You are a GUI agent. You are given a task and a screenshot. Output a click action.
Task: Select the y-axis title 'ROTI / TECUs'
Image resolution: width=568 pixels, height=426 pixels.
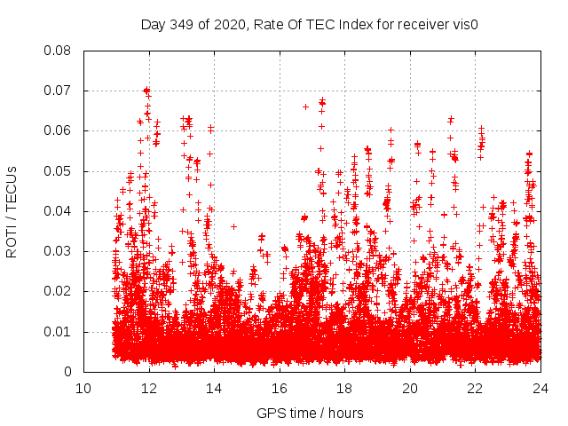pyautogui.click(x=12, y=211)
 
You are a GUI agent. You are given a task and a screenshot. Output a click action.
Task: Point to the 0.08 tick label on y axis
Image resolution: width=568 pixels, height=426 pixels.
pyautogui.click(x=59, y=51)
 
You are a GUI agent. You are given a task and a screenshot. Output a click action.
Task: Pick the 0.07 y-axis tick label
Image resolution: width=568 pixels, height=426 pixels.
pyautogui.click(x=59, y=91)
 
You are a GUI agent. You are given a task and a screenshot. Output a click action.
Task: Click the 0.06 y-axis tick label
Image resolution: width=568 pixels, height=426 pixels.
pyautogui.click(x=59, y=130)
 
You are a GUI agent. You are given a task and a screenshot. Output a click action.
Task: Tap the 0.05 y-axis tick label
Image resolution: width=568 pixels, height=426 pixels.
pyautogui.click(x=59, y=171)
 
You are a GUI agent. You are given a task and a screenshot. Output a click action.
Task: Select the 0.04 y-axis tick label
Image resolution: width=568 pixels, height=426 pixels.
pyautogui.click(x=59, y=211)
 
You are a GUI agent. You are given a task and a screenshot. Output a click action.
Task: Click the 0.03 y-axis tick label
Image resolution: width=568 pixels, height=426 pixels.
pyautogui.click(x=59, y=251)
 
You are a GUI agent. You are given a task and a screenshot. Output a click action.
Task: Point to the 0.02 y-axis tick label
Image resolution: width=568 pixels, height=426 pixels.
pyautogui.click(x=59, y=291)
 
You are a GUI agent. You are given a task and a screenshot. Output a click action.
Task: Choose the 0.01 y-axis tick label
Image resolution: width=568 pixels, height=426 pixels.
pyautogui.click(x=59, y=332)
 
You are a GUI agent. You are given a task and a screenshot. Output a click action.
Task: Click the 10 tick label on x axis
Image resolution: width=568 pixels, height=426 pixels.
pyautogui.click(x=83, y=389)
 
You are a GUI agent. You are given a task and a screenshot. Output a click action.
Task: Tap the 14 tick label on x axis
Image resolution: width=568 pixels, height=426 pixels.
pyautogui.click(x=214, y=389)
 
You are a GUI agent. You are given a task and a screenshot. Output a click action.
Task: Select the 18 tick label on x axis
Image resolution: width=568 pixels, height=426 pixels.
pyautogui.click(x=344, y=389)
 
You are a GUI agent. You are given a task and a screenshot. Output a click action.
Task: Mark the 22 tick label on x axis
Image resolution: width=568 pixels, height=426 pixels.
pyautogui.click(x=475, y=389)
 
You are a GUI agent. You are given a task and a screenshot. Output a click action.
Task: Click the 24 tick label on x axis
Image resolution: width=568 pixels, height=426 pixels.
pyautogui.click(x=540, y=389)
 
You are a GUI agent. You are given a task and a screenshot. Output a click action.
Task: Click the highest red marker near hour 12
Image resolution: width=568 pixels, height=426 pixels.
pyautogui.click(x=146, y=90)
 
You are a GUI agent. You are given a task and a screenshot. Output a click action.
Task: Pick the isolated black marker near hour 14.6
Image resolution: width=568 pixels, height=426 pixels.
pyautogui.click(x=233, y=226)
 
